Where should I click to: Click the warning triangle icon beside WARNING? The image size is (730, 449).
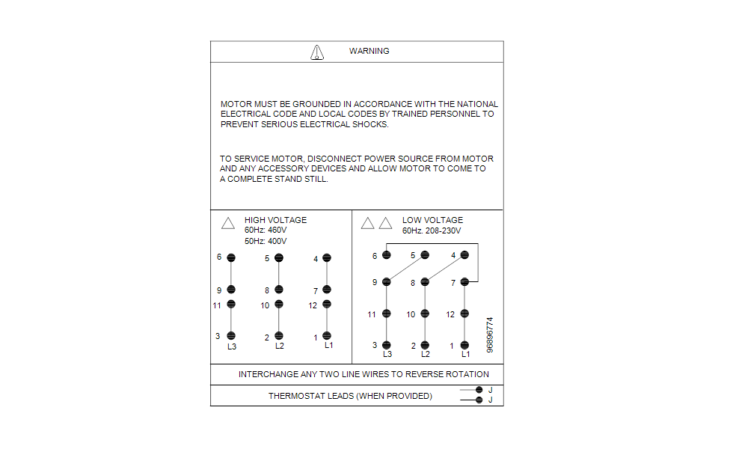317,52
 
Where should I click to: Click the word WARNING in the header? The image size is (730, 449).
369,51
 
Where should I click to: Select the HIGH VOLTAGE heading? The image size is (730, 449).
275,220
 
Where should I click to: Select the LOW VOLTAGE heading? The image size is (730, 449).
432,220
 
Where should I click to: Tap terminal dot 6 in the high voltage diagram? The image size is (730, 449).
231,258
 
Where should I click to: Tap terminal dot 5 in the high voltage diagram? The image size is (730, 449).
279,258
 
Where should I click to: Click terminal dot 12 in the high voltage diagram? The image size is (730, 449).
327,305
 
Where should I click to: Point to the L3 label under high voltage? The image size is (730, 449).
232,346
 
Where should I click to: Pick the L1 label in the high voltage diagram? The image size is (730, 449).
328,345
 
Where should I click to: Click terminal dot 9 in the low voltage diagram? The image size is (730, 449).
387,282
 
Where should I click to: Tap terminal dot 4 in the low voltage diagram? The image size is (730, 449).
464,255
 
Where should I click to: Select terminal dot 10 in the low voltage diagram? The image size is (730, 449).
425,314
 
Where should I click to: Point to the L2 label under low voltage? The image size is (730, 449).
426,354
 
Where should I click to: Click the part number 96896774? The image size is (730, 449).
491,335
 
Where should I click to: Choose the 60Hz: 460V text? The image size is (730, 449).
266,230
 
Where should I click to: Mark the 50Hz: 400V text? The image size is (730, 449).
266,241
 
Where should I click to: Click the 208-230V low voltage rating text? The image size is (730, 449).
442,230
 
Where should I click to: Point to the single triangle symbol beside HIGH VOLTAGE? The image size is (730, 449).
228,223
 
